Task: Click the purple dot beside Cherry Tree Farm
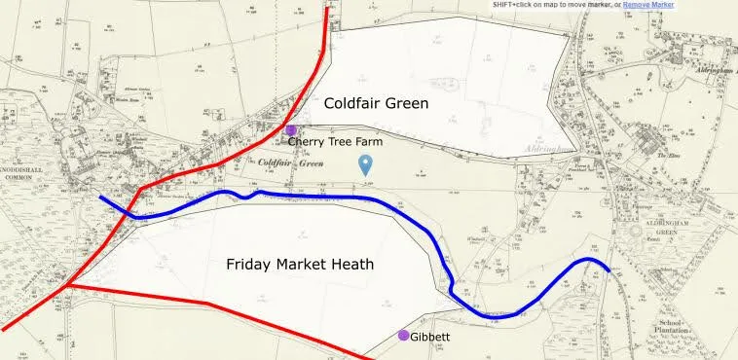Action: [290, 129]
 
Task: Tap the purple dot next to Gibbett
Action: [403, 336]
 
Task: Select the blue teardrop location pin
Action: [366, 164]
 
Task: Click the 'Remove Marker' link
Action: [648, 5]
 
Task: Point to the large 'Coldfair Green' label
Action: [376, 103]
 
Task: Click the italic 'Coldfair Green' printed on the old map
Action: [291, 162]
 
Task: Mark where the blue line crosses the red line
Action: [130, 213]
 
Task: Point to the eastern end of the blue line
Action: [609, 271]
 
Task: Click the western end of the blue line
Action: [100, 197]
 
